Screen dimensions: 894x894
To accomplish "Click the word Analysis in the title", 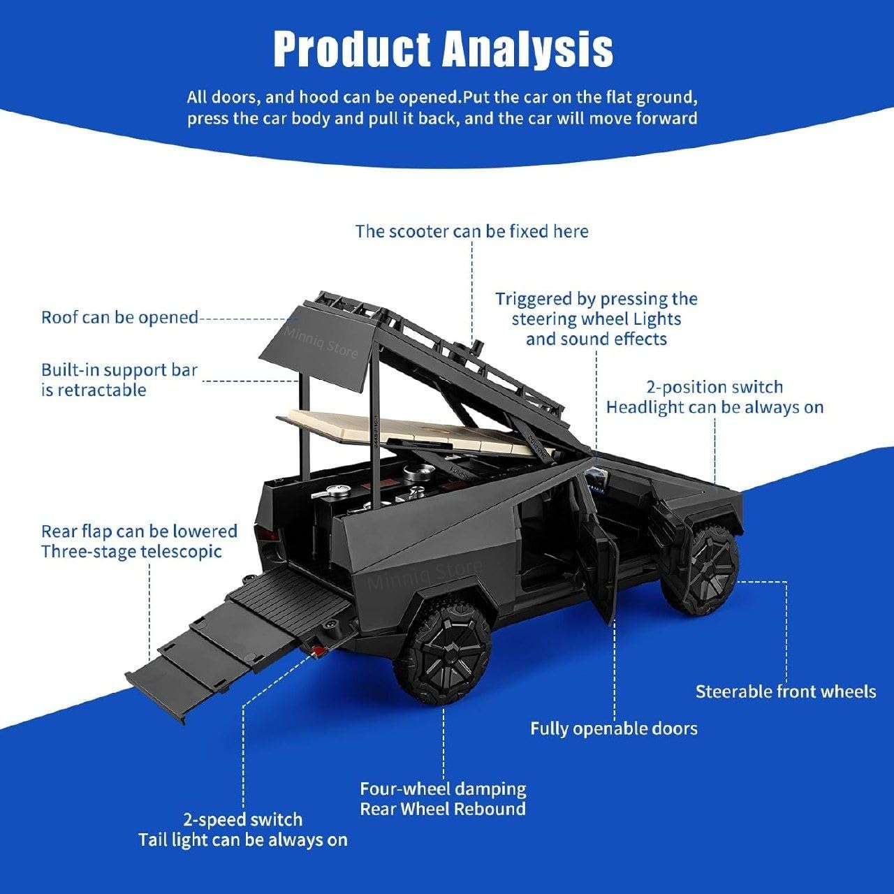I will click(x=528, y=49).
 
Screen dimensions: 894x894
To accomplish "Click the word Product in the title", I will click(x=352, y=49).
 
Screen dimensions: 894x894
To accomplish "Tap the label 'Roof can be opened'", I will click(x=120, y=317).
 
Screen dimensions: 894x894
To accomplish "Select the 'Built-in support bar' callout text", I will click(x=119, y=370).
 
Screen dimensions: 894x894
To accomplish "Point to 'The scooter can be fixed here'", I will click(x=471, y=231).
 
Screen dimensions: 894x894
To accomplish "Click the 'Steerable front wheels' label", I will click(x=786, y=691).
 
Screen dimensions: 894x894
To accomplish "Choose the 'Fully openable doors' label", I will click(x=614, y=728).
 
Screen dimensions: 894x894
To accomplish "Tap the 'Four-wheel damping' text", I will click(x=443, y=789).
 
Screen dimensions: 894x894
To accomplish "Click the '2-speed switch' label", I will click(x=242, y=819).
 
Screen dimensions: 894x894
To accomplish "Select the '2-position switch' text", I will click(x=715, y=387).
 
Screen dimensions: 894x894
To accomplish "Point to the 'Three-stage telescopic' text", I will click(x=131, y=551).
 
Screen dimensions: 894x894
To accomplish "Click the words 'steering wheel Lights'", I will click(x=596, y=319).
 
